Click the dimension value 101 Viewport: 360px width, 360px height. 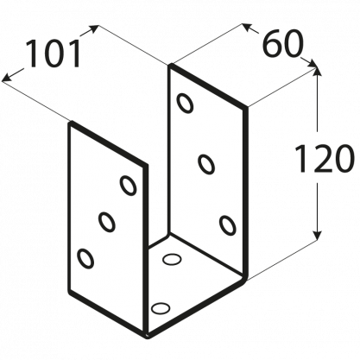coord(54,54)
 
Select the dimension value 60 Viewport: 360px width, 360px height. coord(283,43)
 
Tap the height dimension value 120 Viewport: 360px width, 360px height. coord(325,158)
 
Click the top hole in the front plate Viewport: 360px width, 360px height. coord(128,186)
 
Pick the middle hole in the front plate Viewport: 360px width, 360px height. coord(107,222)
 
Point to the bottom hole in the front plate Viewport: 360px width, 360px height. coord(85,258)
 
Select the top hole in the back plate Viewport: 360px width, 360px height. coord(185,103)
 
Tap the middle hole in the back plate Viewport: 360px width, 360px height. coord(206,164)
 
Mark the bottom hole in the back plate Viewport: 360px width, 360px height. coord(228,225)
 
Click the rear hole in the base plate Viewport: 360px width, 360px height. coord(172,259)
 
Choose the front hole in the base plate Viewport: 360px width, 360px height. coord(161,308)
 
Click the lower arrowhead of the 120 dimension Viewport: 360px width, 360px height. coord(317,235)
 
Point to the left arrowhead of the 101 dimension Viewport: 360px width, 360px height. coord(8,77)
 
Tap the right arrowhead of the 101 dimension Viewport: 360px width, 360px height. coord(93,29)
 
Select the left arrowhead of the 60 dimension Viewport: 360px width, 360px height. coord(247,27)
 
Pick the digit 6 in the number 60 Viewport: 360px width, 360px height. coord(272,43)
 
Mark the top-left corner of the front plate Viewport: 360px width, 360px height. coord(70,123)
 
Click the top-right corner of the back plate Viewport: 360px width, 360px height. coord(246,108)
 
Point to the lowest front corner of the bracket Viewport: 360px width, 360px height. coord(148,336)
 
